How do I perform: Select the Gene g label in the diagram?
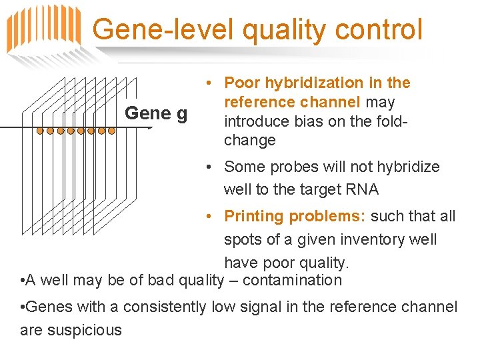[x=156, y=113]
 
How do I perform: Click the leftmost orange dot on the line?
[x=40, y=131]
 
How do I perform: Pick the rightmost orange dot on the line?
[x=111, y=131]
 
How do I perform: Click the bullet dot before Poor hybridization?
[x=209, y=83]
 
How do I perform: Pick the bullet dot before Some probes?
[x=209, y=167]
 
